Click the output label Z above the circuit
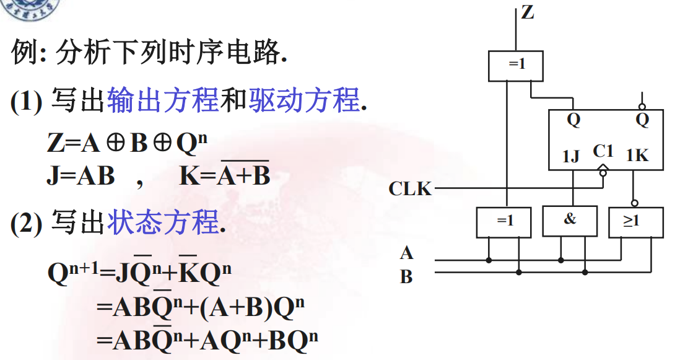click(x=528, y=12)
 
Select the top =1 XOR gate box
click(x=516, y=65)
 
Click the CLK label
click(x=410, y=188)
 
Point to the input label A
click(x=406, y=253)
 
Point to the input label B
click(x=406, y=276)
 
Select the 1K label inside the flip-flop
click(x=637, y=156)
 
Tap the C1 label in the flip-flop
click(x=603, y=151)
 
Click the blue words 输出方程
click(x=163, y=100)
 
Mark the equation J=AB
click(x=81, y=177)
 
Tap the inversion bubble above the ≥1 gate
click(x=634, y=203)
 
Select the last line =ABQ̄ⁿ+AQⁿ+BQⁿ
click(x=207, y=340)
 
